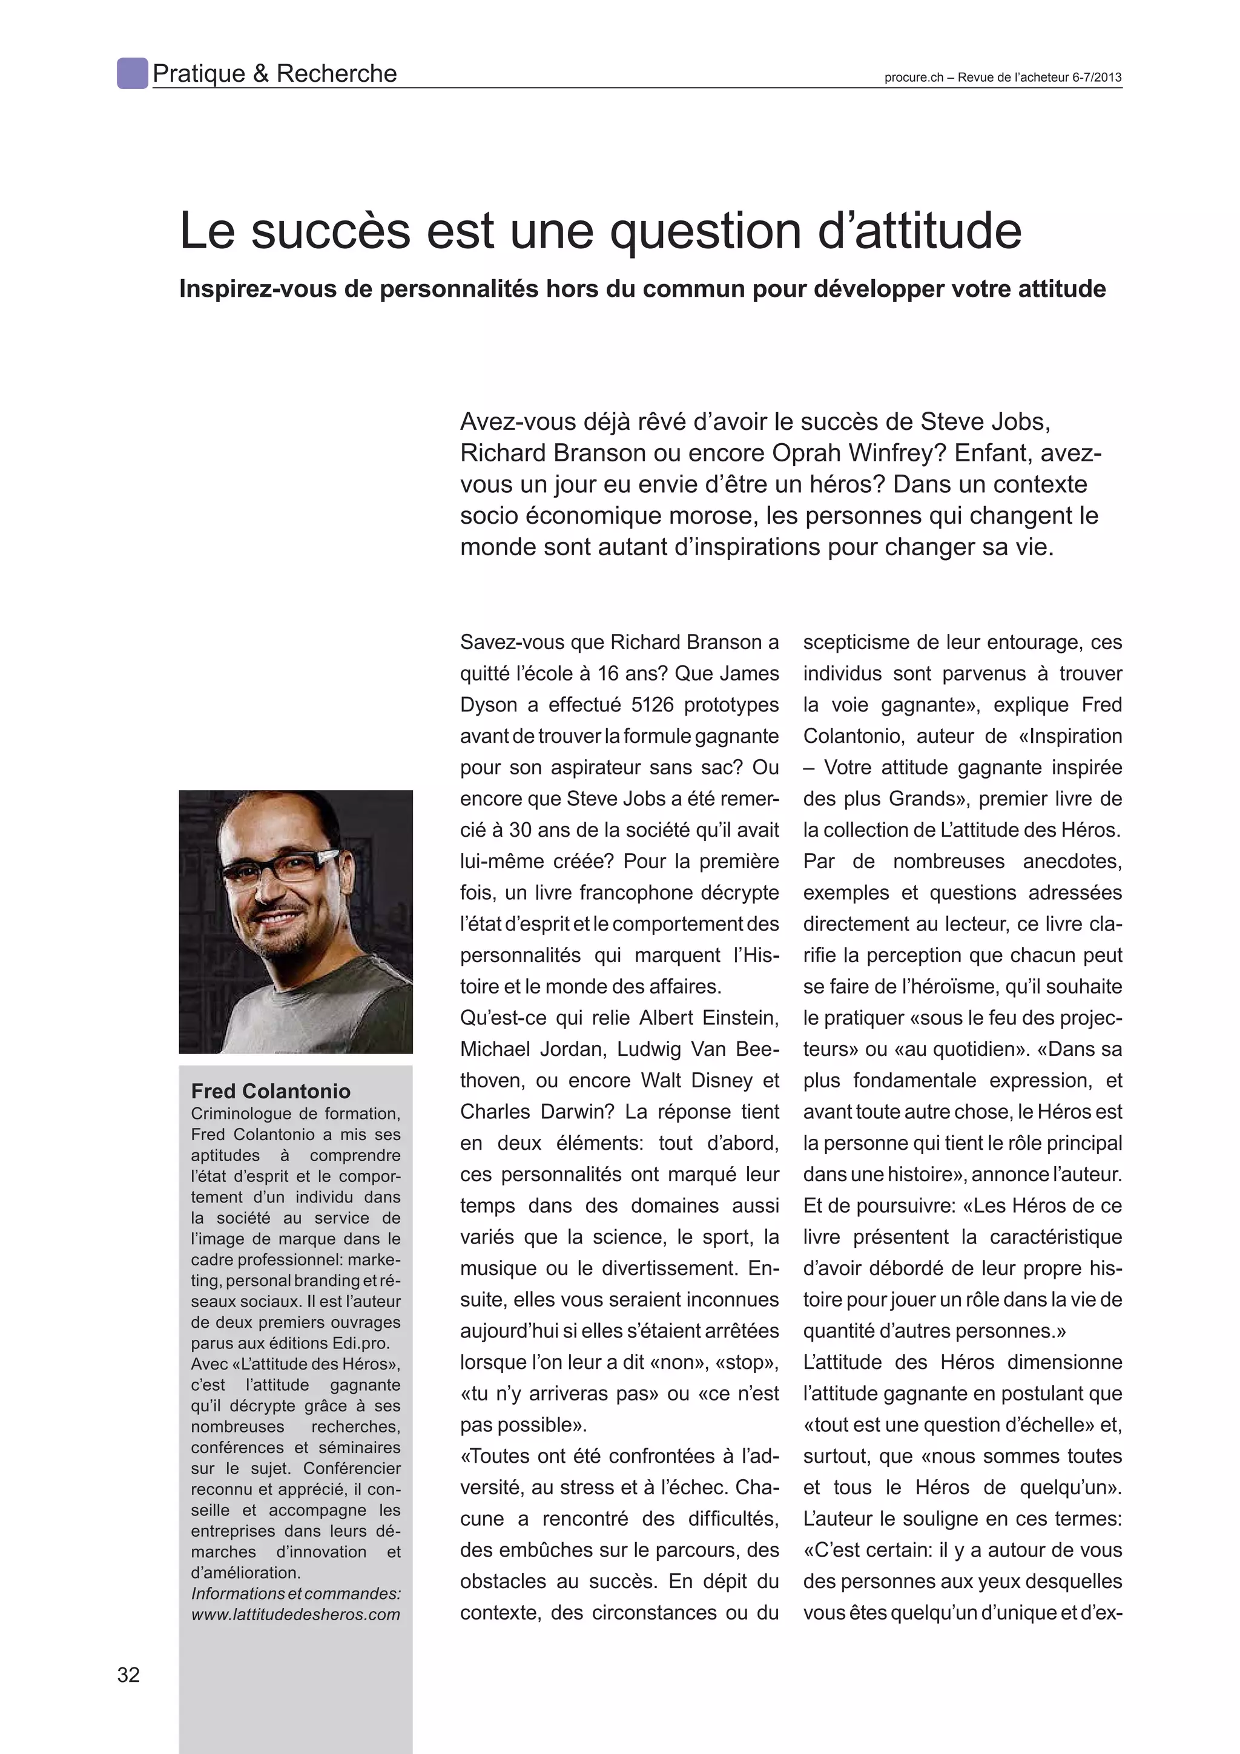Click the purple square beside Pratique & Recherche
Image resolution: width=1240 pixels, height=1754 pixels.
click(132, 73)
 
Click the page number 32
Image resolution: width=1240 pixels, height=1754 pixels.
click(128, 1675)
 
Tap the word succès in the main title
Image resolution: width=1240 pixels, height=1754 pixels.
click(330, 231)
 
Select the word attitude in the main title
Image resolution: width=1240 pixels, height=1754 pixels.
click(937, 231)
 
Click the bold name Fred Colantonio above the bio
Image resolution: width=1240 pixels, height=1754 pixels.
click(271, 1091)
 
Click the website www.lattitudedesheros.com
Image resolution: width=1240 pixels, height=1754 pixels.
click(295, 1614)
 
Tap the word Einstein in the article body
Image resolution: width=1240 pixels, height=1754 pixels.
click(732, 1018)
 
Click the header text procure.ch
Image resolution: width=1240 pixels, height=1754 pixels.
click(914, 77)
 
